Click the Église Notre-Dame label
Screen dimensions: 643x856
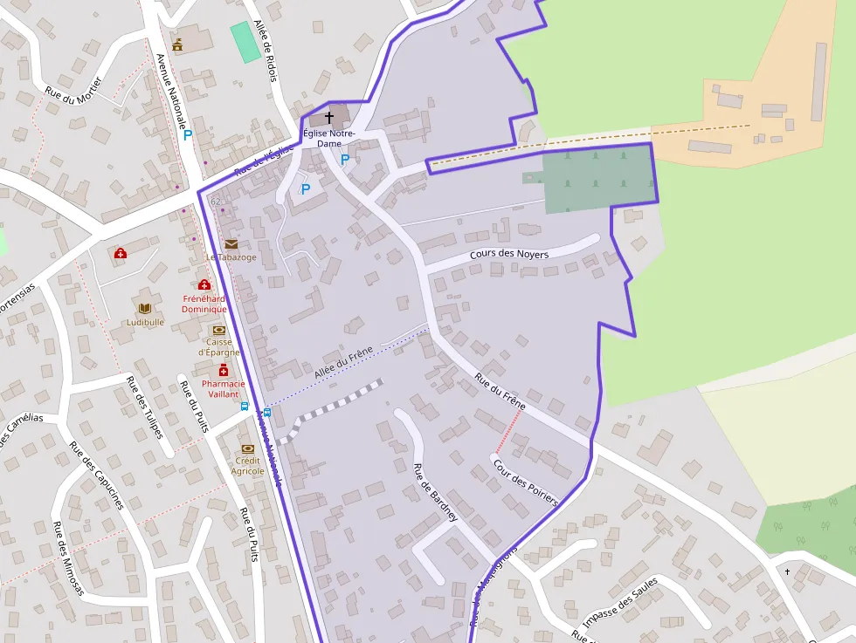pos(328,138)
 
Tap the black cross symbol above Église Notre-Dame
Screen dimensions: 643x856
pos(329,116)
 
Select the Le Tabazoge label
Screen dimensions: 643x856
pos(231,257)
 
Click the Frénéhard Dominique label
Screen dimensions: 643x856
pos(204,304)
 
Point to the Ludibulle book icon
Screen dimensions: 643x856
pos(145,308)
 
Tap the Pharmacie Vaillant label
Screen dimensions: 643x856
pos(223,388)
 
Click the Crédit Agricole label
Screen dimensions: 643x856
pos(247,466)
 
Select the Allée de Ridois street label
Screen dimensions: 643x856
pos(265,51)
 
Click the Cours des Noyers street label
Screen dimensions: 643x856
pos(509,254)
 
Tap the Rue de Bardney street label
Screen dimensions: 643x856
pos(434,492)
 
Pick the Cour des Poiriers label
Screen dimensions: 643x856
pos(525,482)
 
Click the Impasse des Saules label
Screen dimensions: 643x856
pos(620,601)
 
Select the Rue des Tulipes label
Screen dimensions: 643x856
pos(145,405)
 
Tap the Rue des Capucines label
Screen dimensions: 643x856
pos(96,475)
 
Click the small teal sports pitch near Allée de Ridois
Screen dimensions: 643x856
pos(245,42)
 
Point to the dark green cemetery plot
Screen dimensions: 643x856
pos(598,180)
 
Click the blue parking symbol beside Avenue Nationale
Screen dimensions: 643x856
pos(187,135)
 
